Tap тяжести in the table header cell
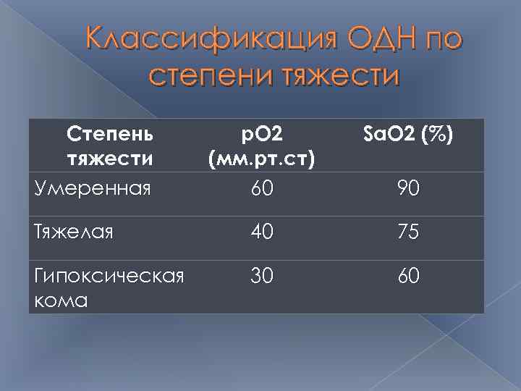(x=109, y=157)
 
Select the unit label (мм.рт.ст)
(x=262, y=158)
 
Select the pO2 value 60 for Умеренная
(x=262, y=189)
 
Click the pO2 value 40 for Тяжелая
(x=262, y=233)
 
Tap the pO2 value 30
(x=262, y=277)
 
